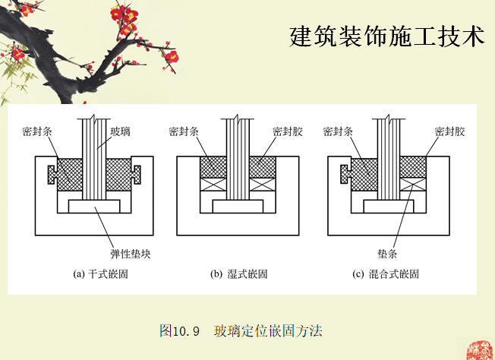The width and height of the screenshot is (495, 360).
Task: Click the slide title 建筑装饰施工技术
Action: (x=386, y=36)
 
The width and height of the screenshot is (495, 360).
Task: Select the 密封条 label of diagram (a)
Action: (x=38, y=131)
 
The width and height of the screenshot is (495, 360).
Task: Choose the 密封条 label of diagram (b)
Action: (x=184, y=131)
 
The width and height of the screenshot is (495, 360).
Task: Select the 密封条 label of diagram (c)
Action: (x=338, y=131)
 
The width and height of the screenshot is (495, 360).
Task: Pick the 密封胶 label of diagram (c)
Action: (x=449, y=131)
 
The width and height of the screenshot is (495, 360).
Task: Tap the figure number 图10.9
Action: (x=179, y=331)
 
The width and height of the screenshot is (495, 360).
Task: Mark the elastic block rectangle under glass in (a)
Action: (x=93, y=207)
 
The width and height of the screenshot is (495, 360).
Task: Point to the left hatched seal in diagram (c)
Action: (x=362, y=173)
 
